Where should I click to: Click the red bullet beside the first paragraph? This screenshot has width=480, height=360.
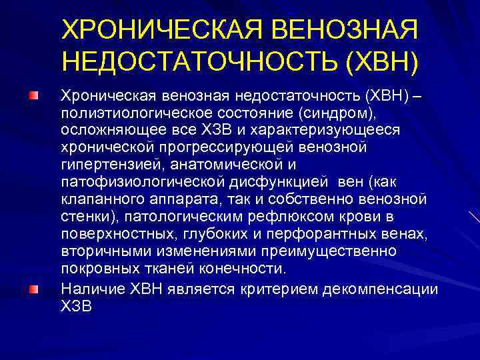[33, 97]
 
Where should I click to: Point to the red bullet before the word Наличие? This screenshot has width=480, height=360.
[33, 289]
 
